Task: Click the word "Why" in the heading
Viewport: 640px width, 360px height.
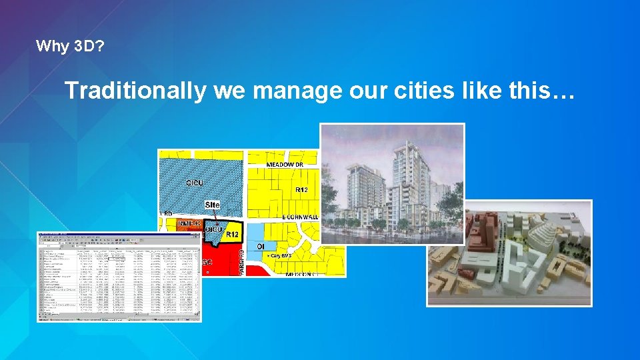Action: point(49,47)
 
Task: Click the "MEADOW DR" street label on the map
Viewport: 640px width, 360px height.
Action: point(285,164)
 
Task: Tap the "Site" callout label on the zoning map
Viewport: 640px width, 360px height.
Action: point(213,205)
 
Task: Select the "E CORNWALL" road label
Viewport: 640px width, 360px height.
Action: point(301,217)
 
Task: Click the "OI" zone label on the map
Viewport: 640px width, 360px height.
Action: point(261,246)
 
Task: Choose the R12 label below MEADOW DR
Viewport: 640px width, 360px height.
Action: point(301,190)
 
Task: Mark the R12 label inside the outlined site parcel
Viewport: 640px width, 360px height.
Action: point(233,235)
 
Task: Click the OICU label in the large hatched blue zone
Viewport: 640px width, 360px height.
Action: point(195,182)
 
